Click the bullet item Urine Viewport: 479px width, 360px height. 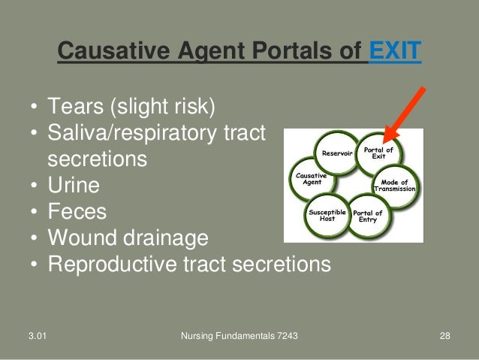73,184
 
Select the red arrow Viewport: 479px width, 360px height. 405,113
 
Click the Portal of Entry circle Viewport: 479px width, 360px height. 368,216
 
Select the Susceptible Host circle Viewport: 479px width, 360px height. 327,216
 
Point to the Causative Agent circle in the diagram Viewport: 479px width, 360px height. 311,179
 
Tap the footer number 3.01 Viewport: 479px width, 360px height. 32,335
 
